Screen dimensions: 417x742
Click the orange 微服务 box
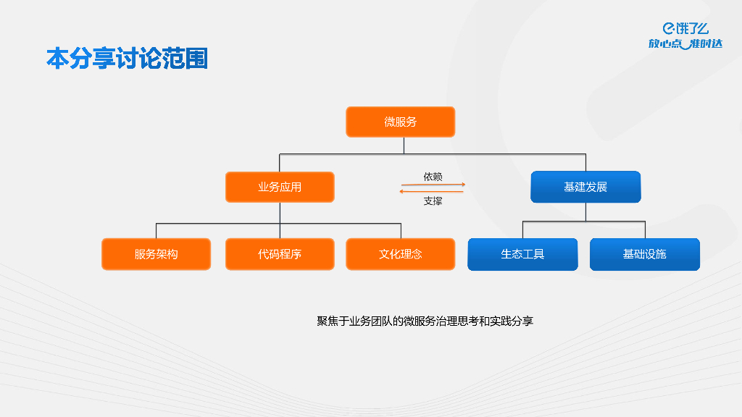(400, 122)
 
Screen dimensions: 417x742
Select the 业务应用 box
(280, 187)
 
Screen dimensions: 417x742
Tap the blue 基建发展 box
(585, 187)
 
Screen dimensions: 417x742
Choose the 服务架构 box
(156, 254)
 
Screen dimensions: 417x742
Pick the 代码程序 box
(280, 254)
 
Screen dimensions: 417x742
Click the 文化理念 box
(400, 254)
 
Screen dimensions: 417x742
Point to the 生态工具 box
(522, 254)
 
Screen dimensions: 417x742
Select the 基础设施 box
(644, 254)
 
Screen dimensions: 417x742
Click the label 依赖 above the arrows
(433, 177)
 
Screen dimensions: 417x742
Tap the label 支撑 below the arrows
(433, 201)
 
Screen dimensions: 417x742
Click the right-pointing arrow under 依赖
(433, 185)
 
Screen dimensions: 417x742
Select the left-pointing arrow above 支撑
(433, 192)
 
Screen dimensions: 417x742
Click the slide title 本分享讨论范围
(127, 59)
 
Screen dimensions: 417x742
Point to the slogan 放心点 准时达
(685, 44)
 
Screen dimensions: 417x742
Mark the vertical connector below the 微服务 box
(404, 145)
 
